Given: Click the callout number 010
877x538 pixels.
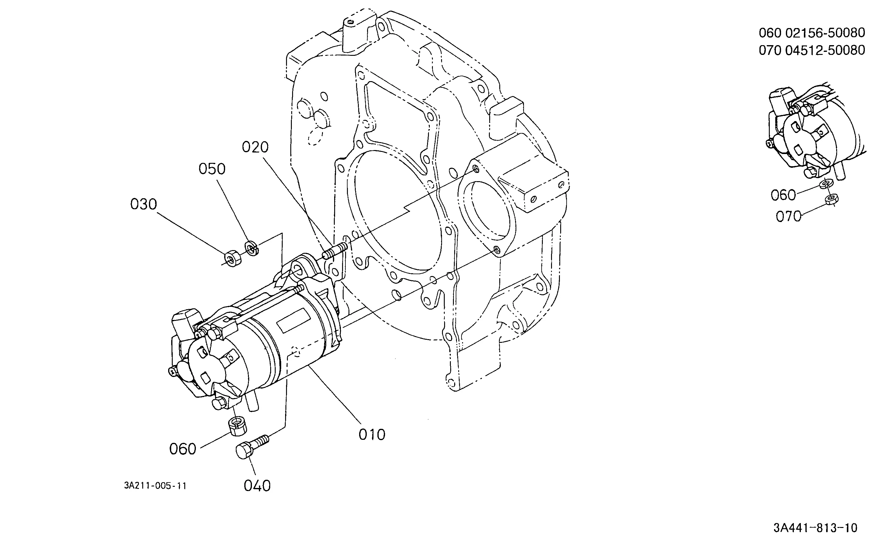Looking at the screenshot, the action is [372, 435].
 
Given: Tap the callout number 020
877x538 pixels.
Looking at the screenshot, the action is [255, 147].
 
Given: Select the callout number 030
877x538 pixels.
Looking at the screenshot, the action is [143, 204].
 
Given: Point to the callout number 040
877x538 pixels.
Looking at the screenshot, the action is [257, 486].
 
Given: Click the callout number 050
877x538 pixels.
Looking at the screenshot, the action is [212, 169].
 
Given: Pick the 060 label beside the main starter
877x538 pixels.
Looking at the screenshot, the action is [182, 449].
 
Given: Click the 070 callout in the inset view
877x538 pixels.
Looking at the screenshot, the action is [788, 216].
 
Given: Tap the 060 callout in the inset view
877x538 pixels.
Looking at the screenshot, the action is [783, 195].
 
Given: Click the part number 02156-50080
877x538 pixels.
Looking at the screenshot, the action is [825, 33].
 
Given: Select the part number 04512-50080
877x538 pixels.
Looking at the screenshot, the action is [825, 50].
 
